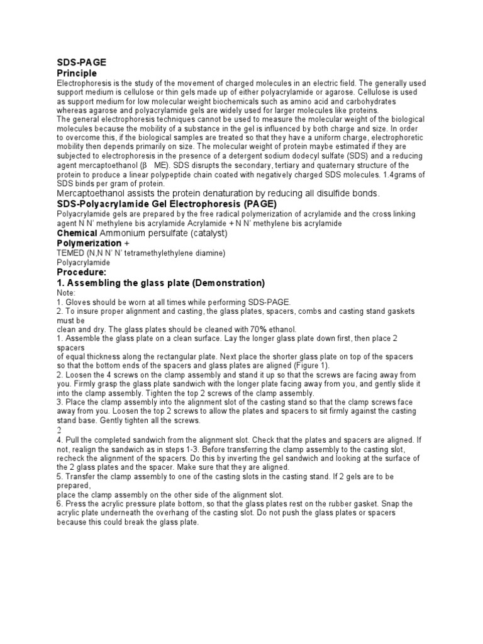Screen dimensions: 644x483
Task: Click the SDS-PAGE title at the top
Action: click(81, 62)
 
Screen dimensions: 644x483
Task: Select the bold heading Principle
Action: click(77, 74)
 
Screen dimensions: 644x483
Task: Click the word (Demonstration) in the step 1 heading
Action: click(225, 283)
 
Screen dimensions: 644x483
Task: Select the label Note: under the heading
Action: click(65, 293)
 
